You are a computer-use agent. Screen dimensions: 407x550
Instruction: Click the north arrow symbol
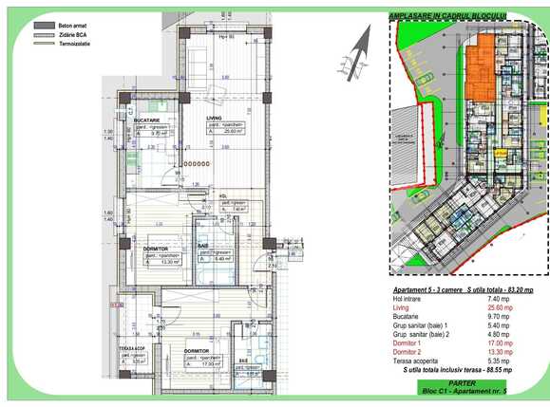[356, 49]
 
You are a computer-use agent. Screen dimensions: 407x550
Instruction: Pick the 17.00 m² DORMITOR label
[196, 336]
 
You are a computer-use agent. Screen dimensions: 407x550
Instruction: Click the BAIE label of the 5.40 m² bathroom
[203, 246]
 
